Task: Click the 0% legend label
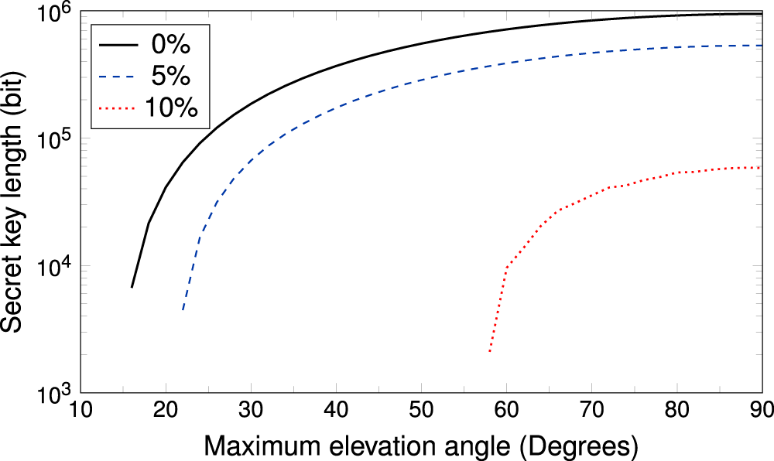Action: pos(168,45)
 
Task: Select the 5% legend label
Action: pos(168,77)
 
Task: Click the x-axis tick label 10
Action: pos(80,409)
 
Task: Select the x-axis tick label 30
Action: pos(251,409)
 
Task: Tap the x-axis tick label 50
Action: pos(421,409)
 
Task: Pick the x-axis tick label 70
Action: pos(591,409)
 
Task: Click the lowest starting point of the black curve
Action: pos(132,288)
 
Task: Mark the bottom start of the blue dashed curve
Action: pos(183,310)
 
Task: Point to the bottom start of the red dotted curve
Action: pos(489,352)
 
